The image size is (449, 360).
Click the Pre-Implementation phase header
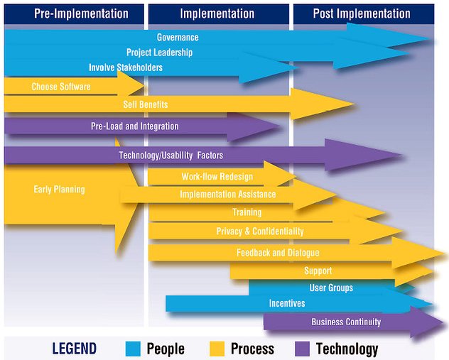81,13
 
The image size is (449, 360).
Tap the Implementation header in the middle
217,13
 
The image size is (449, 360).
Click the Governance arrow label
178,37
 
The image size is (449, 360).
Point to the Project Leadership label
159,53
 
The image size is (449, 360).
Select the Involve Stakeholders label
126,68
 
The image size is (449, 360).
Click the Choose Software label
61,87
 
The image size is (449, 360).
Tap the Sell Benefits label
146,105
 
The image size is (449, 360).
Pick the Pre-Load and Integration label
135,126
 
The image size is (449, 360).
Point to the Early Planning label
59,190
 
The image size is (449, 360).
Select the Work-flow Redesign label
217,177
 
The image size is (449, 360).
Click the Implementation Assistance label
228,195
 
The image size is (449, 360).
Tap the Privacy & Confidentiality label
260,231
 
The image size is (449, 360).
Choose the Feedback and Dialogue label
278,253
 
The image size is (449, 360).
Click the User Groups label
331,288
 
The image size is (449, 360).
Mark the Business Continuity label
346,322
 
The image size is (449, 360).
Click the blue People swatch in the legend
133,349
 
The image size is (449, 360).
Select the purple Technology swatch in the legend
302,349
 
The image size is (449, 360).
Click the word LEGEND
74,349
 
